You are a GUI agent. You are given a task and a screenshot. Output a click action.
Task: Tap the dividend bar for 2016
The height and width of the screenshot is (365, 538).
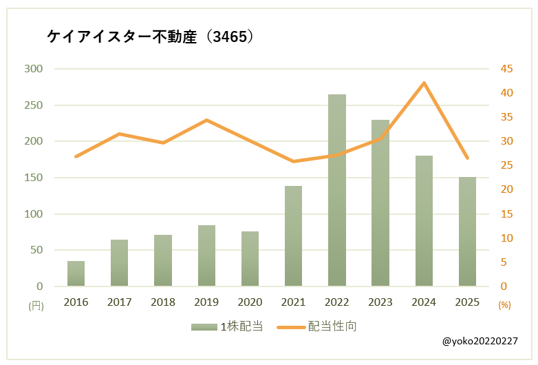(x=76, y=273)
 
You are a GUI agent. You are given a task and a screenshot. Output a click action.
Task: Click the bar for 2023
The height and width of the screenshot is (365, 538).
(x=380, y=203)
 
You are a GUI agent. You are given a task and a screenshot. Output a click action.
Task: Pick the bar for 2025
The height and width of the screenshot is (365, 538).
(x=467, y=231)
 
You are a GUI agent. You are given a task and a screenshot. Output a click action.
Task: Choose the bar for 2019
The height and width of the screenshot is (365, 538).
(x=206, y=255)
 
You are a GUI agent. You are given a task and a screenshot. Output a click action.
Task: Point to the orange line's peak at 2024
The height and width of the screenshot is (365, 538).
(x=424, y=83)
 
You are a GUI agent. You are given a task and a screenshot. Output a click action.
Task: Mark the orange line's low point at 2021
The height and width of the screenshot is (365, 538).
(x=294, y=161)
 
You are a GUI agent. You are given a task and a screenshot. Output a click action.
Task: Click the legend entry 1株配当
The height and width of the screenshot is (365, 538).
(x=227, y=326)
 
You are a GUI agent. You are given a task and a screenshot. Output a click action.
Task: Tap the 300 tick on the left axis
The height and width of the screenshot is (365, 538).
(x=33, y=69)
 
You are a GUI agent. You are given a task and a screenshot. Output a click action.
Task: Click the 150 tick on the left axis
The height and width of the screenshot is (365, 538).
(x=33, y=178)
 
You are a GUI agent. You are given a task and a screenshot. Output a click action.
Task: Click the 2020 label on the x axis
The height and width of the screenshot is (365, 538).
(x=250, y=302)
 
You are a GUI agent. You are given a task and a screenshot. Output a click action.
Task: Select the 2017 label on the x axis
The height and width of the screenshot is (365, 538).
(x=120, y=302)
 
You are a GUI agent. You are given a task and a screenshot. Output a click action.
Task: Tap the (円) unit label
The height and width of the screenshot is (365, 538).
(x=36, y=304)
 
